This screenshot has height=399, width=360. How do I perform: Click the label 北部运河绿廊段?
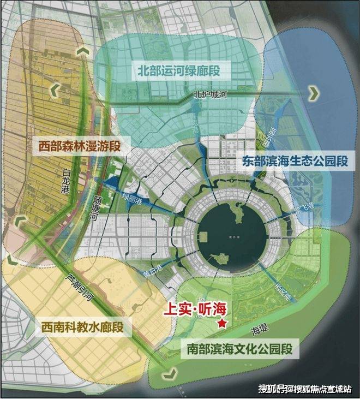[x=181, y=70]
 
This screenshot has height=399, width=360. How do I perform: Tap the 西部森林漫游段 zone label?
[x=79, y=146]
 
